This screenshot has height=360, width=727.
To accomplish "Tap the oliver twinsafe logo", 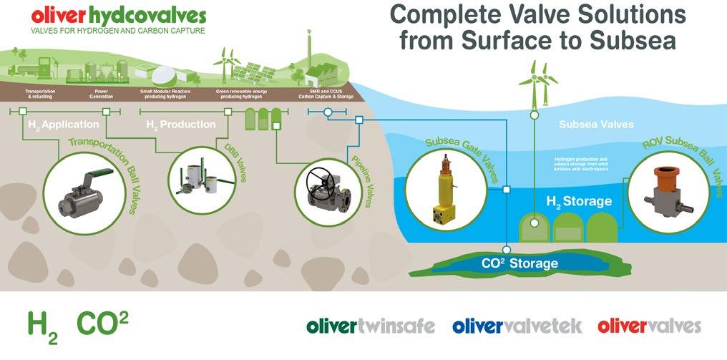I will click(x=371, y=326).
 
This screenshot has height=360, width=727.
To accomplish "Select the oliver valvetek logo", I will click(x=517, y=326).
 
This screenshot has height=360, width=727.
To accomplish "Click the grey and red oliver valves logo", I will click(x=649, y=326).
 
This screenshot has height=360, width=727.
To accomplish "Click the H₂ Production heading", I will click(x=180, y=125).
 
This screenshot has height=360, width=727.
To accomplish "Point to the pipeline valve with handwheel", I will click(x=328, y=190).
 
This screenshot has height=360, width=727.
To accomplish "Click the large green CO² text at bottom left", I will click(x=102, y=323).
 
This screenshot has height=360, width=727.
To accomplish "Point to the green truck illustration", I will click(x=20, y=69).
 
